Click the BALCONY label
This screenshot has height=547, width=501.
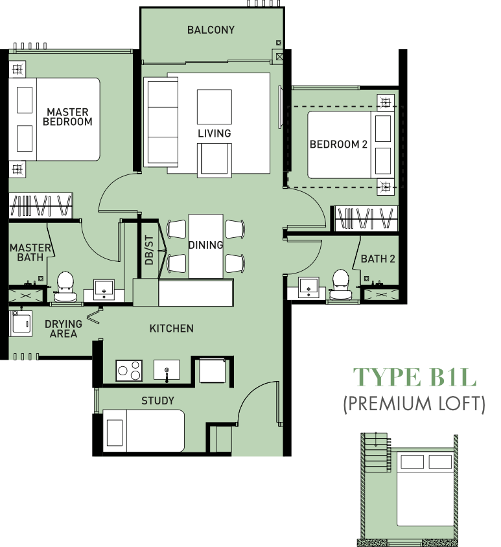tap(211, 30)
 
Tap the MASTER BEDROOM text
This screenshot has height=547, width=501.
tap(67, 117)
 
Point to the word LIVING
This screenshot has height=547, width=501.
tap(215, 134)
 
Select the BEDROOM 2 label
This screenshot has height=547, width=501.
tap(338, 144)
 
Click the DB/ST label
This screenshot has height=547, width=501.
tap(149, 250)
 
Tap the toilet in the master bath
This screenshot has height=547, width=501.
tap(65, 286)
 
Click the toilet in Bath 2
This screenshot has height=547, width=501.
tap(340, 285)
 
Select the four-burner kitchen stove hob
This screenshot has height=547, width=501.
tap(129, 371)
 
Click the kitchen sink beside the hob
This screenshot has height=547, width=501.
tap(167, 370)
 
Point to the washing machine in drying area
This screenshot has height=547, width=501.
tap(21, 323)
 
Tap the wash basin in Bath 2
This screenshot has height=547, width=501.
tap(309, 288)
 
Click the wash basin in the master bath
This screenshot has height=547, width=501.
tap(104, 290)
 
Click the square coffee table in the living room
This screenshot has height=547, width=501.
tap(215, 107)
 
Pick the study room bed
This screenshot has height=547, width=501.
tap(144, 431)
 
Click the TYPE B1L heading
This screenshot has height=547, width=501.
tap(415, 377)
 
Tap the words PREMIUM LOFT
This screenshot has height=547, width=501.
tap(415, 404)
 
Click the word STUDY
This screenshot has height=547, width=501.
tap(157, 401)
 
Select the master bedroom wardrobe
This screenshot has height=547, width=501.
tap(40, 206)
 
